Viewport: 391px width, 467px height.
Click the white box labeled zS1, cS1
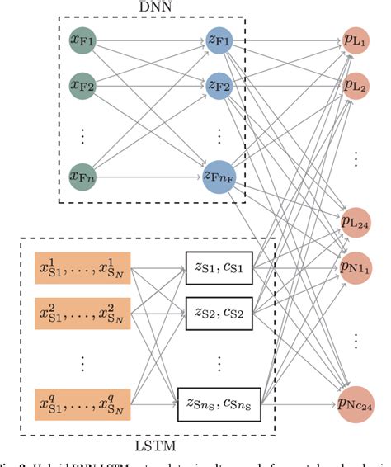tap(219, 268)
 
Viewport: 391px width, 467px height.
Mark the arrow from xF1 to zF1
tap(148, 38)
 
